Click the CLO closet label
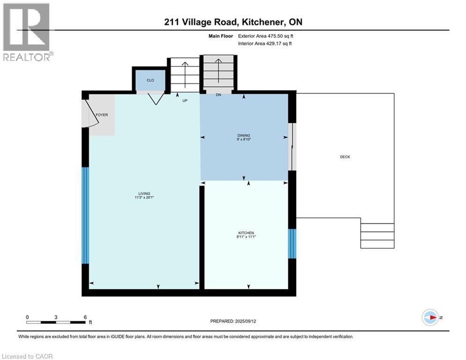coord(150,80)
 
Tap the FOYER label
coord(102,115)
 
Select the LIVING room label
coord(144,194)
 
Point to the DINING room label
coord(244,135)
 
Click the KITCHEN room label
coord(246,233)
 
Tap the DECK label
coord(345,157)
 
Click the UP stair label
coord(185,101)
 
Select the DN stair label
coord(218,95)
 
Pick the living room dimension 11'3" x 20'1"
coord(144,197)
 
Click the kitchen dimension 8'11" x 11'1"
coord(246,237)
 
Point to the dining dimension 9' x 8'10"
coord(244,139)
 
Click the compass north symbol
coord(430,317)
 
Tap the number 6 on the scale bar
coord(85,317)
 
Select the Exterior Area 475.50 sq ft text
coord(266,36)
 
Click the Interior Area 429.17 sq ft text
coord(265,44)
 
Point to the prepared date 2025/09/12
coord(245,321)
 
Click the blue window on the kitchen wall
coord(292,244)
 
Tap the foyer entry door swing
coord(90,113)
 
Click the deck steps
coord(377,236)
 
